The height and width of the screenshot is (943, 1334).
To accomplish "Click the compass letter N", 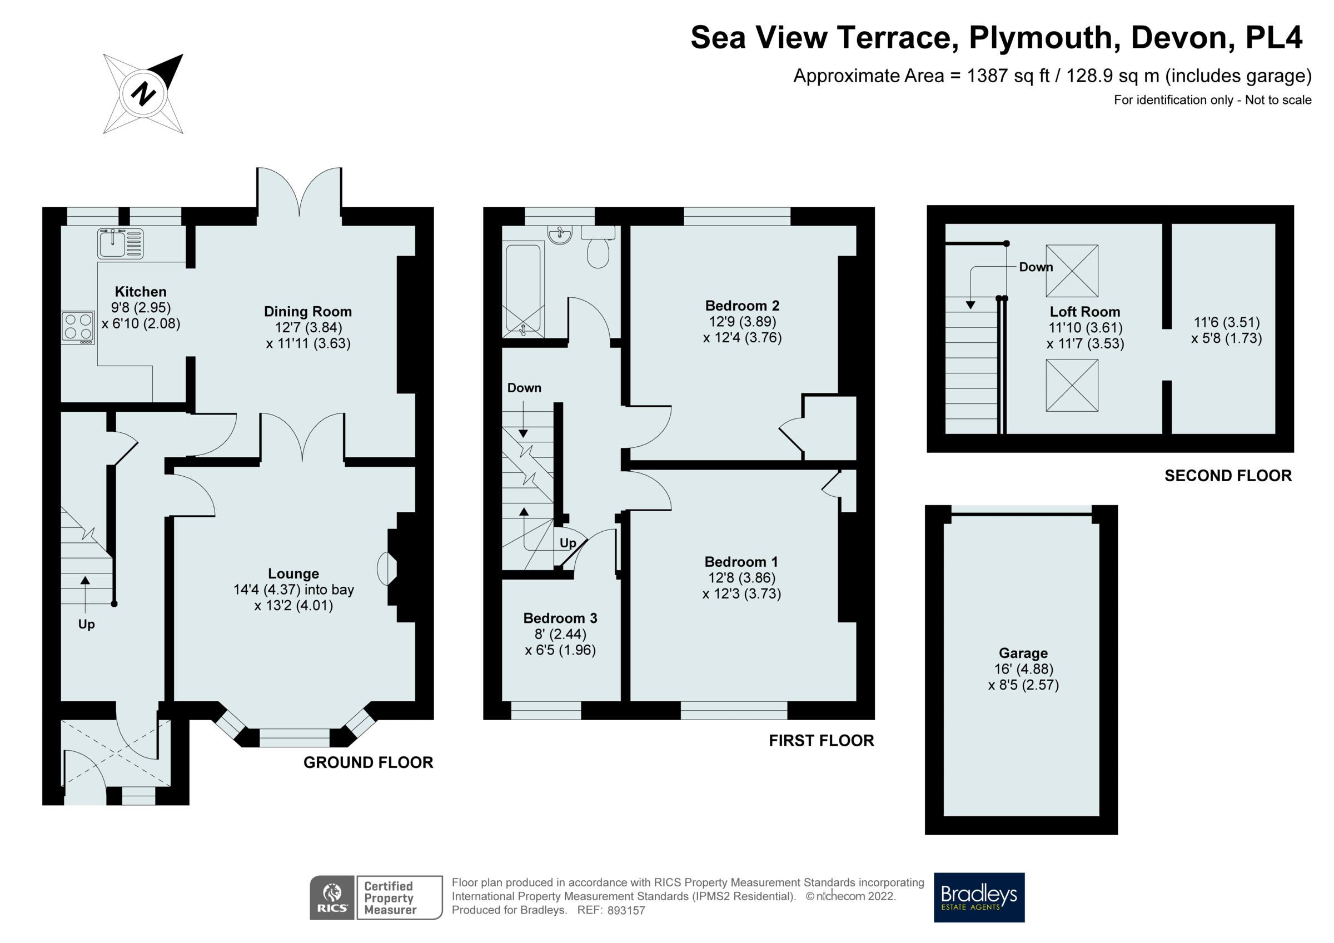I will pos(143,93).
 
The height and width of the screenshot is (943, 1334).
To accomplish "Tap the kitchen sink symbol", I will pos(120,243).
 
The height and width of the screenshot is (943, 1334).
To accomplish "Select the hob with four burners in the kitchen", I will pos(78,327).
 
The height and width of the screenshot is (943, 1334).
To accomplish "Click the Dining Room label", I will pos(307,311).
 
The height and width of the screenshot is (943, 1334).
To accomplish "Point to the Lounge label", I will pos(293,573).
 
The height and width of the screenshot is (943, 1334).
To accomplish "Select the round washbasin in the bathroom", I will pos(560,234).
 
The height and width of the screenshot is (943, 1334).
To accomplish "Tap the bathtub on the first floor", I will pos(524,290).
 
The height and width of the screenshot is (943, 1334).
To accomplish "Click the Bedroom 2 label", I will pos(742,306).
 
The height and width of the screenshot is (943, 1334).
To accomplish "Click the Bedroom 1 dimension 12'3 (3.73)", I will pos(741,593).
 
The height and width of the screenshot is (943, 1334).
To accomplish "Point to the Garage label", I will pos(1023,653).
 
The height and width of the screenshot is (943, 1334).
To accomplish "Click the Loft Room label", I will pos(1084,311).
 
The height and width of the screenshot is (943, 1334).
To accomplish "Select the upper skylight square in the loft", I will pos(1072,271).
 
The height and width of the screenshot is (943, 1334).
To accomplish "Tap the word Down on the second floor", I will pos(1036,267).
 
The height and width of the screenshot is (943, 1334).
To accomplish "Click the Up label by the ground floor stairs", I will pos(87,624).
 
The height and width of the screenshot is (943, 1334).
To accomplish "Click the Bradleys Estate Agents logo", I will pos(979,897).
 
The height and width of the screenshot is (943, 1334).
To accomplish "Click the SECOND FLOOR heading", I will pos(1228,476).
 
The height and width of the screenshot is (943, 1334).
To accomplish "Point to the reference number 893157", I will pos(626,910).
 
